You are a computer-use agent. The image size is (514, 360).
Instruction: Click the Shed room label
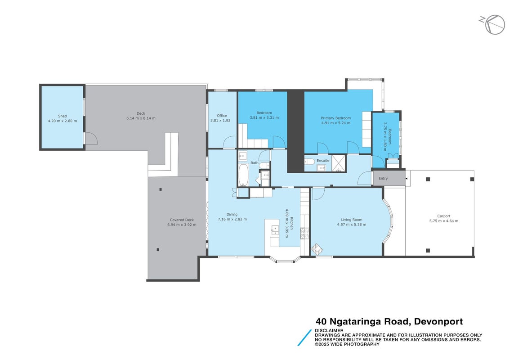[63, 116]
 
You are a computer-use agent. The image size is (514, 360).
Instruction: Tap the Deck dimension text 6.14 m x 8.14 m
[141, 118]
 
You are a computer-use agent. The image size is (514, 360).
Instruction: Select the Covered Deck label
[182, 220]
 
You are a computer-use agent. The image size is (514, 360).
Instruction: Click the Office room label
[222, 116]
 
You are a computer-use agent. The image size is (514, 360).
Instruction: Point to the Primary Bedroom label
[335, 118]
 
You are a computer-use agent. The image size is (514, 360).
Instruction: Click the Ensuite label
[323, 161]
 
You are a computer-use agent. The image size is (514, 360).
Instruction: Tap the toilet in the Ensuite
[309, 162]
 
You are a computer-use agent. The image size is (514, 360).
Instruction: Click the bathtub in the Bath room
[243, 175]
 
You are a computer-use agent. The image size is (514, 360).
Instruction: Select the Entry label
[383, 179]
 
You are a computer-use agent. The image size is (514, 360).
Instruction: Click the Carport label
[444, 216]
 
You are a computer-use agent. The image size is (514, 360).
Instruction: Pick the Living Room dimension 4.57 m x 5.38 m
[351, 225]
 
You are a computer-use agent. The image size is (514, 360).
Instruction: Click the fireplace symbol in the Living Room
[317, 249]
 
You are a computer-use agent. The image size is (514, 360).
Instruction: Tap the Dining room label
[232, 214]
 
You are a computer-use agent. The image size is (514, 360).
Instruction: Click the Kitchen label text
[291, 224]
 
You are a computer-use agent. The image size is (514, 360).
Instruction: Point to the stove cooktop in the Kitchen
[304, 234]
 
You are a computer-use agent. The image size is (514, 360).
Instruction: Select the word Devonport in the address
[438, 321]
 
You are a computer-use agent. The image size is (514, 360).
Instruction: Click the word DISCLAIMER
[329, 330]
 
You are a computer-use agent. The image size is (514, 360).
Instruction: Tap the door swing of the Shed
[91, 138]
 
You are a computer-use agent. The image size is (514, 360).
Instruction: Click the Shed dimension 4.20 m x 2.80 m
[63, 121]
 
